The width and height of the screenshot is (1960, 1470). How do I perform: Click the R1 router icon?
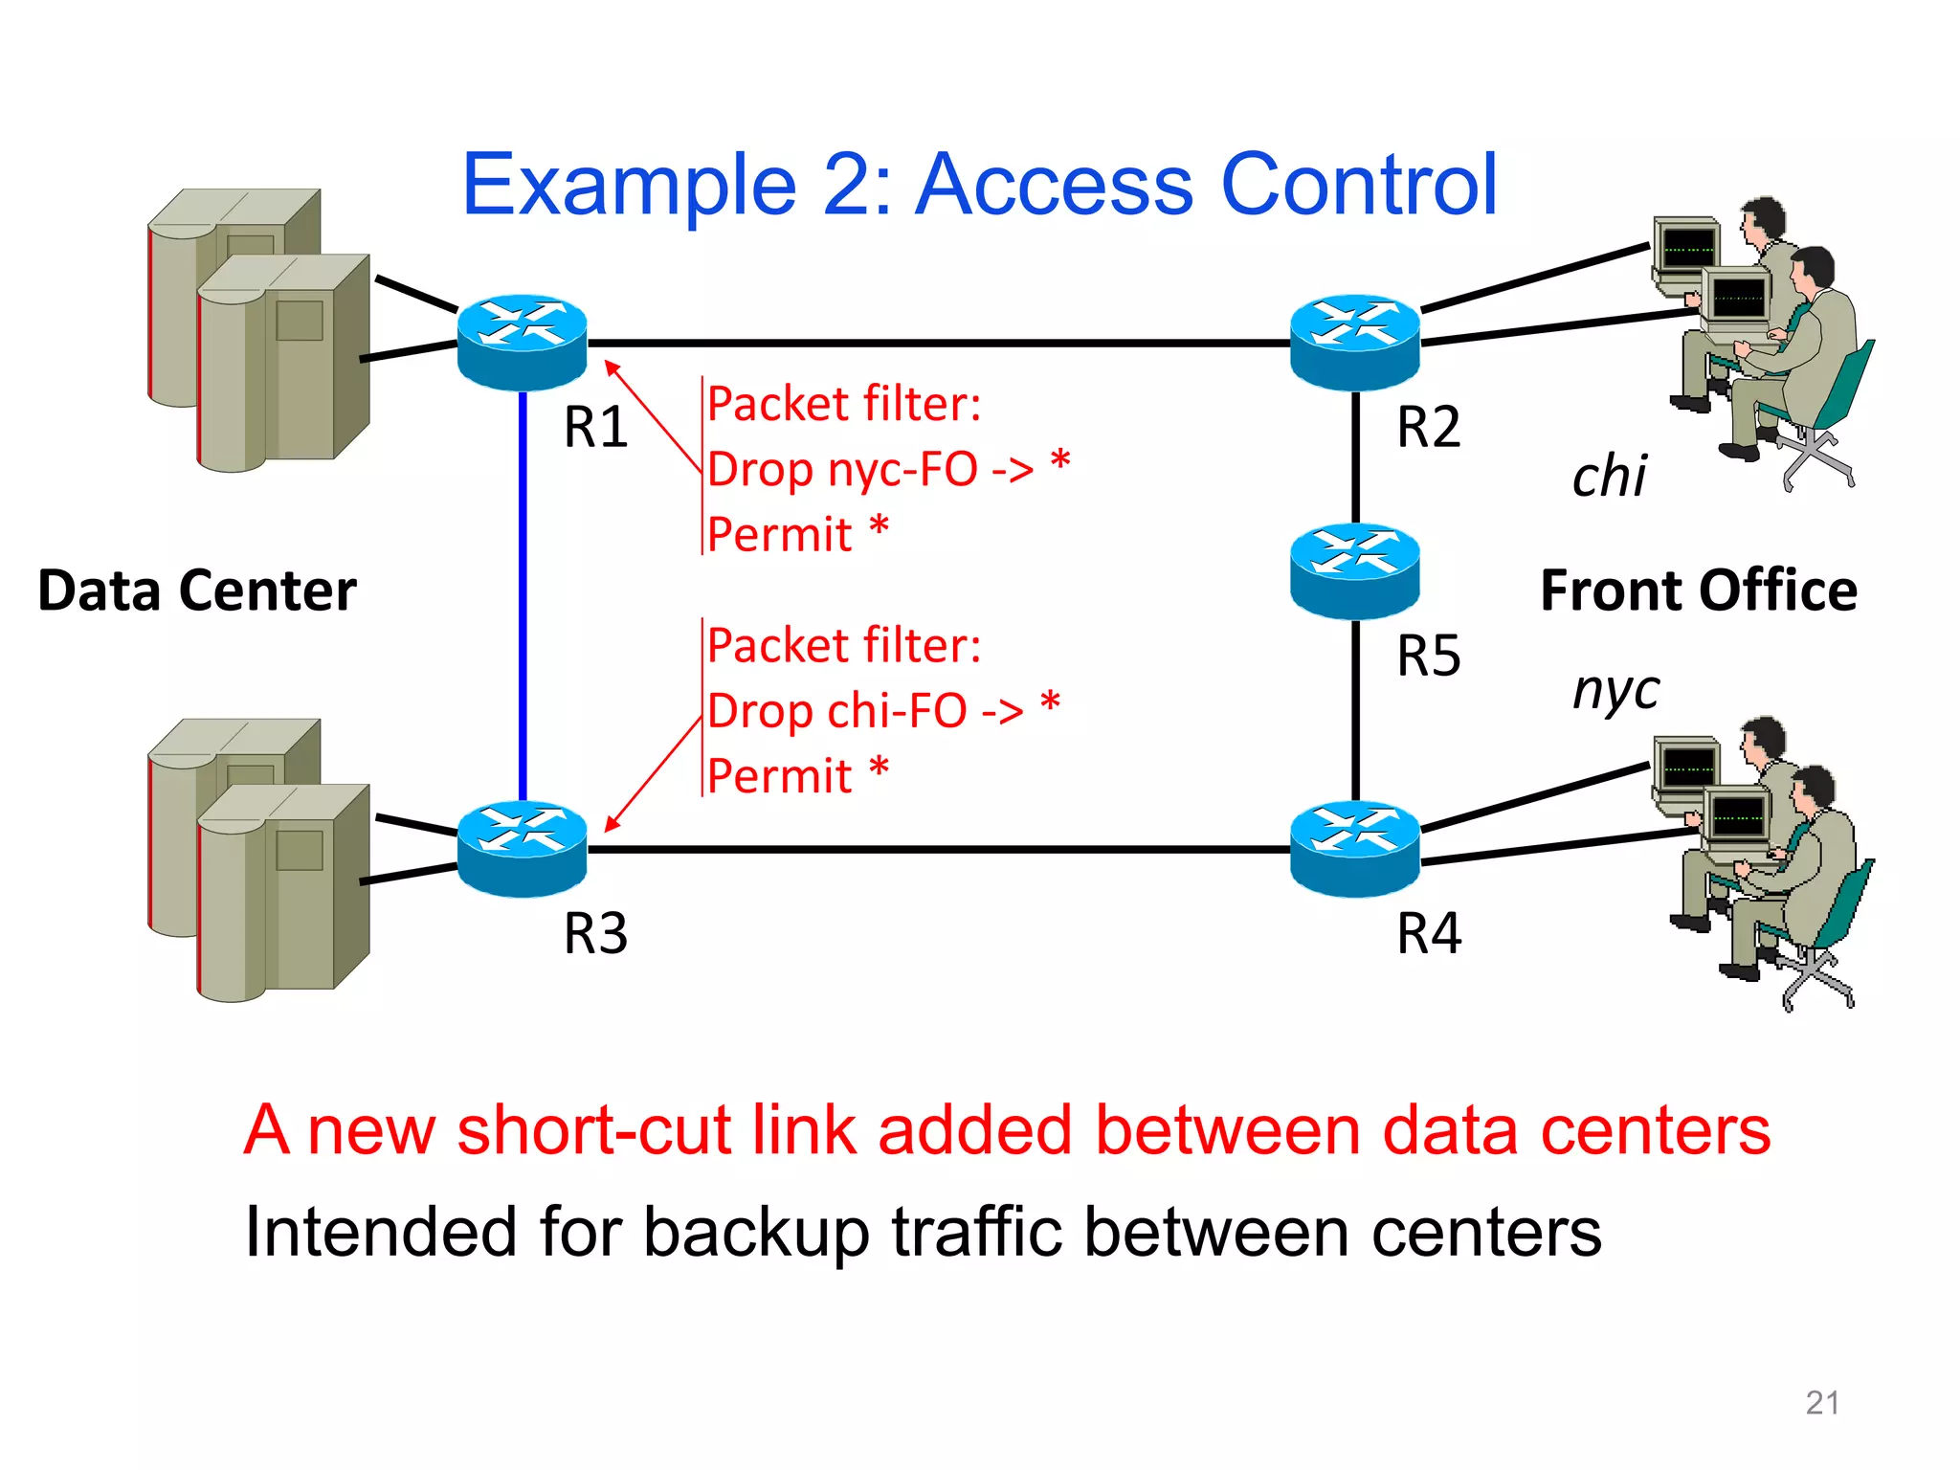pyautogui.click(x=522, y=342)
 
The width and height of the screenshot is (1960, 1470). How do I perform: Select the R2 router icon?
pyautogui.click(x=1354, y=342)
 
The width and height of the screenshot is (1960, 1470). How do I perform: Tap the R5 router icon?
pyautogui.click(x=1354, y=570)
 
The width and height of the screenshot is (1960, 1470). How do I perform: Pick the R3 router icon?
pyautogui.click(x=522, y=848)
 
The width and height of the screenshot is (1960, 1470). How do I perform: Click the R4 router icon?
pyautogui.click(x=1354, y=848)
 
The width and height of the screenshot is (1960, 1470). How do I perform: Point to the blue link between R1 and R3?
pyautogui.click(x=523, y=593)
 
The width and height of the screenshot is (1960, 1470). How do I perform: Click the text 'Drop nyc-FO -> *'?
pyautogui.click(x=887, y=469)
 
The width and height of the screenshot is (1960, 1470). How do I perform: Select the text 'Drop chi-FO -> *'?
pyautogui.click(x=882, y=711)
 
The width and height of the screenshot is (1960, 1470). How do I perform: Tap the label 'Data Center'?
pyautogui.click(x=197, y=590)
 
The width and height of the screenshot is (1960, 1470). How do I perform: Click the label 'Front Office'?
pyautogui.click(x=1698, y=590)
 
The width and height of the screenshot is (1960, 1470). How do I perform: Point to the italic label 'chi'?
pyautogui.click(x=1609, y=476)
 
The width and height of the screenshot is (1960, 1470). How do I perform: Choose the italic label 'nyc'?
pyautogui.click(x=1615, y=690)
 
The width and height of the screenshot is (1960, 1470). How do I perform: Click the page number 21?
pyautogui.click(x=1821, y=1402)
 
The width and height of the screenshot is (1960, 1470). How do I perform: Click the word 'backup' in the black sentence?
pyautogui.click(x=756, y=1232)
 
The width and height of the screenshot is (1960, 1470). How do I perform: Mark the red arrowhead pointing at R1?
pyautogui.click(x=612, y=367)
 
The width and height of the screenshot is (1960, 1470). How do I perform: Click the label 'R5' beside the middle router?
pyautogui.click(x=1428, y=657)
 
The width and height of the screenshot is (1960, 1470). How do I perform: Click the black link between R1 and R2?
pyautogui.click(x=938, y=342)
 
